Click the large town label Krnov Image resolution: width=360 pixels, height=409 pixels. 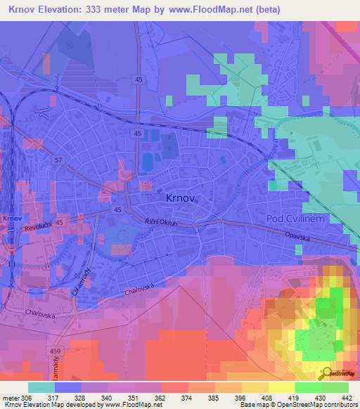(180, 199)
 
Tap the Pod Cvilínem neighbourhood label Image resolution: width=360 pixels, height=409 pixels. (294, 220)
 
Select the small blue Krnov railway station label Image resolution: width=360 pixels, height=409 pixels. (9, 219)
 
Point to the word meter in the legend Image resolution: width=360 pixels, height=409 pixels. (11, 396)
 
